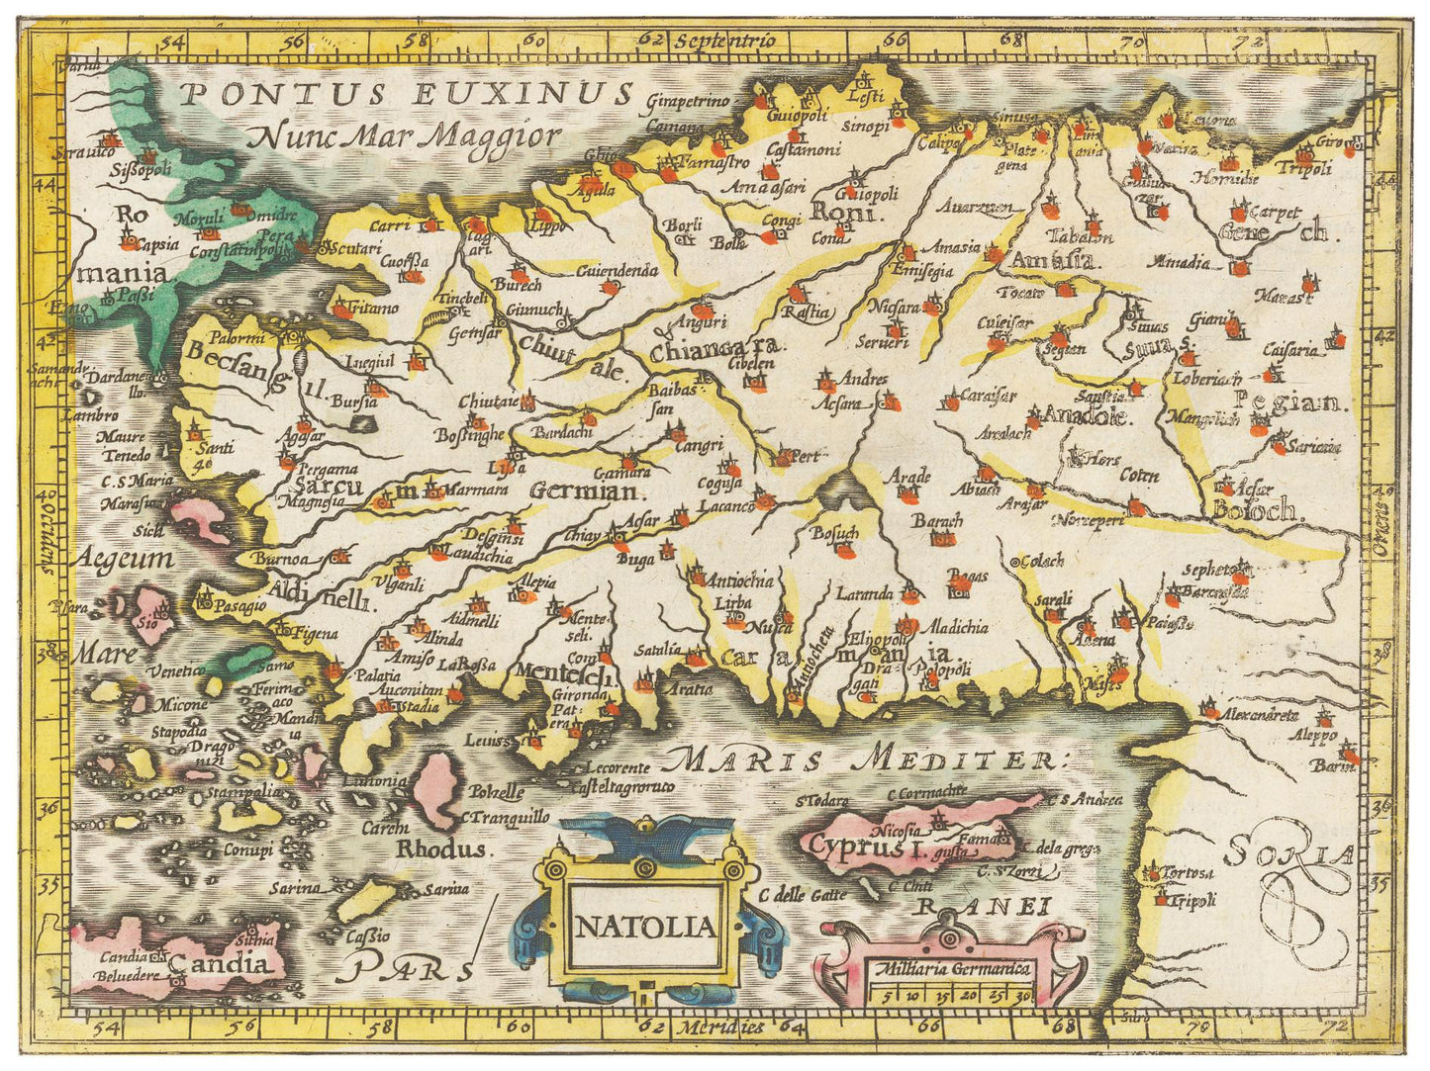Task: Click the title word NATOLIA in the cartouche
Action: pos(644,927)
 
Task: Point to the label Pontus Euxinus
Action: pos(407,94)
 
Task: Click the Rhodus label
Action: pos(441,849)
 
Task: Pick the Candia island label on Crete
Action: pos(219,964)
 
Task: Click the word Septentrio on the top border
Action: pos(725,41)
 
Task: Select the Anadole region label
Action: pos(1087,416)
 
